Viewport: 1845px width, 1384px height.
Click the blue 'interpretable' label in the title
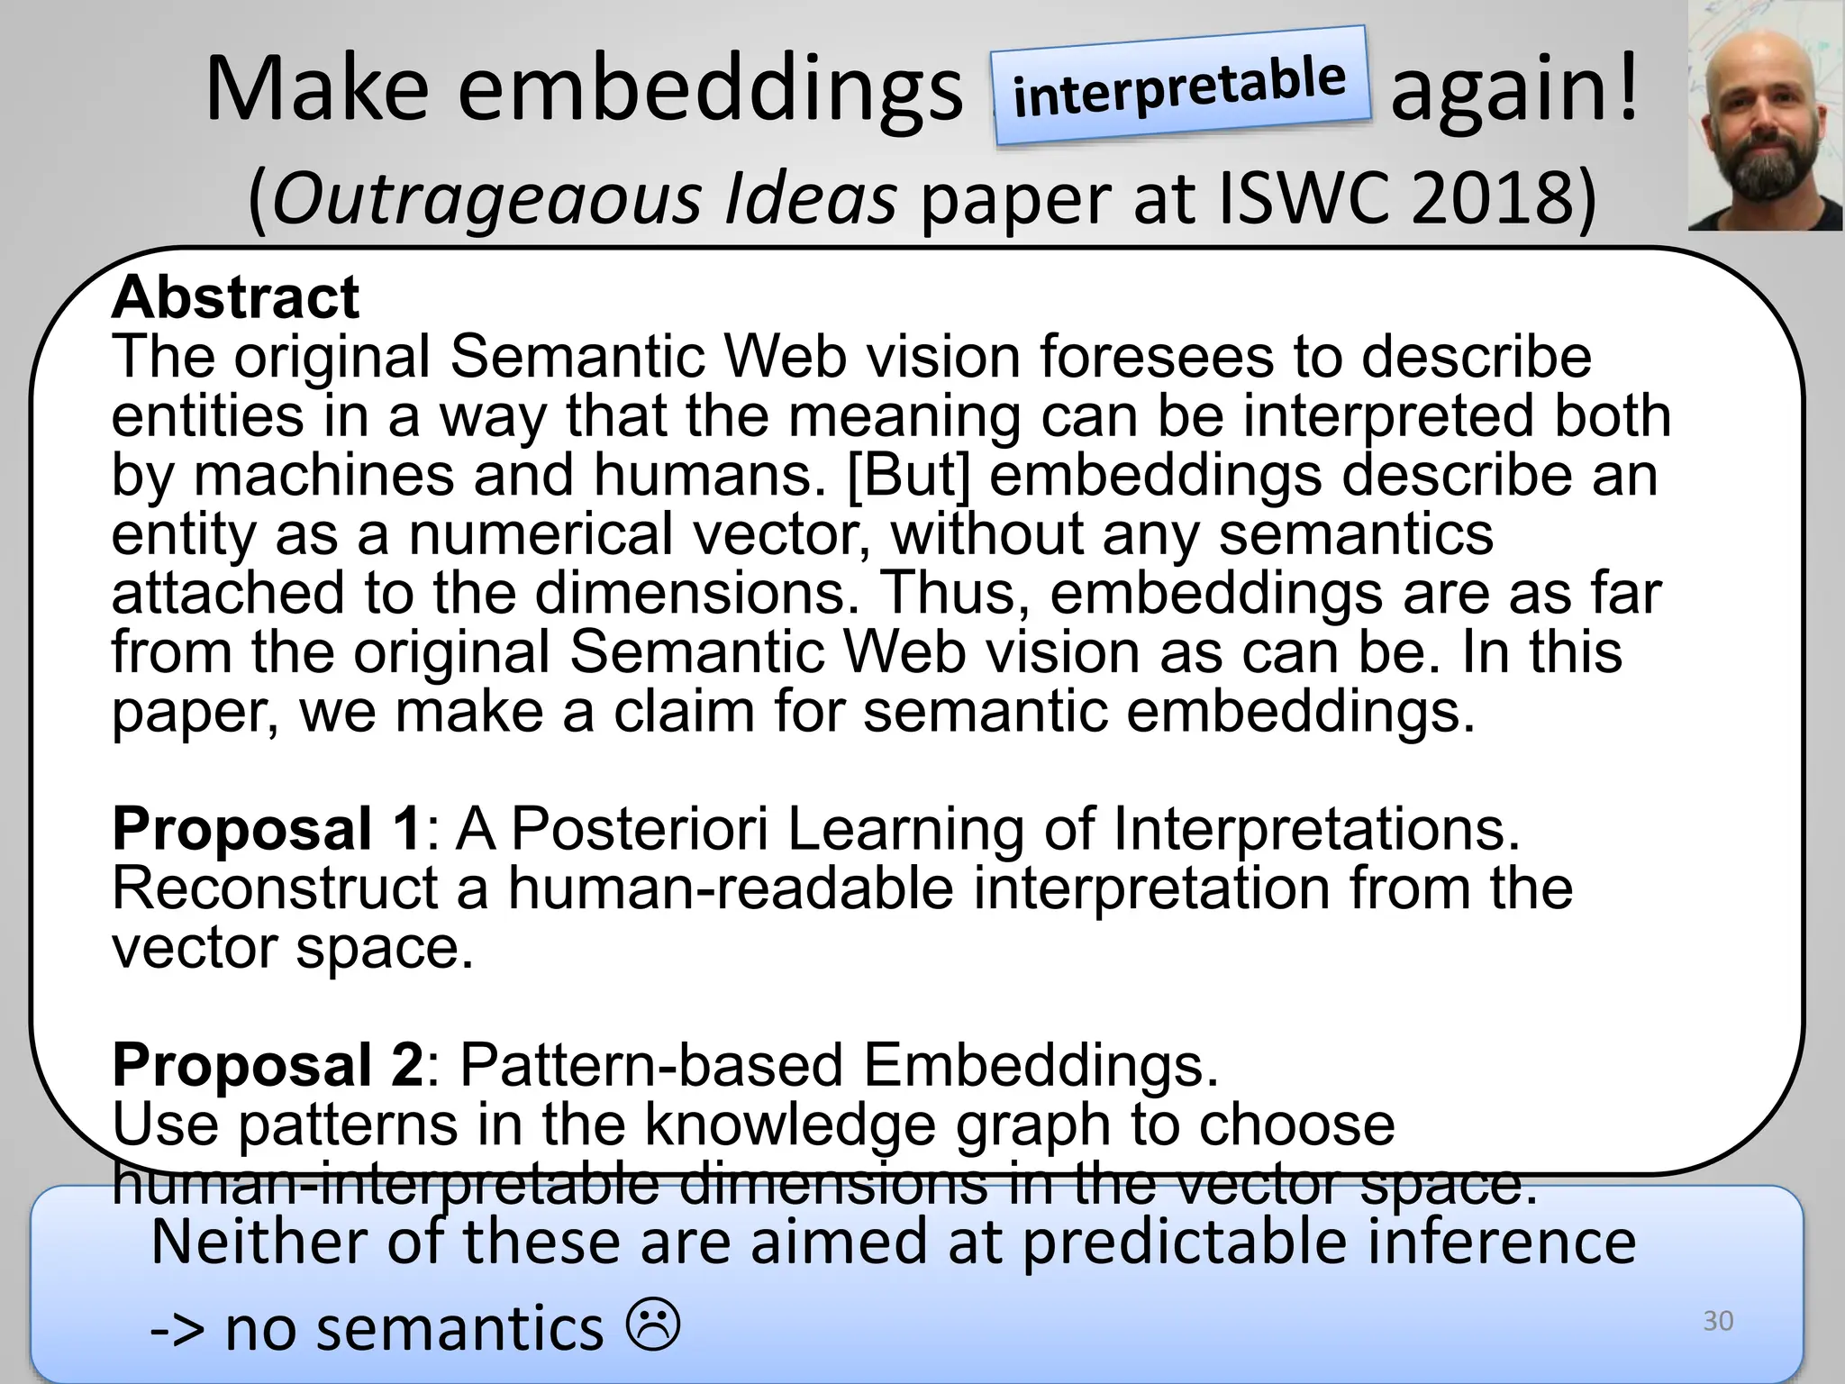[x=1180, y=86]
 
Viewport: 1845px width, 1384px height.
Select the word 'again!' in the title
[x=1513, y=90]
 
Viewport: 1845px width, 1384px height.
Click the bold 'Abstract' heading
[x=236, y=297]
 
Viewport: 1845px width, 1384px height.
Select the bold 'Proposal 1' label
[x=267, y=829]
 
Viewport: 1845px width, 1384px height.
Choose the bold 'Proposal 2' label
[x=268, y=1065]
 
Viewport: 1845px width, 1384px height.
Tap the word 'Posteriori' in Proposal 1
[x=640, y=829]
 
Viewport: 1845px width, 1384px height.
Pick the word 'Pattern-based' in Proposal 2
[x=651, y=1065]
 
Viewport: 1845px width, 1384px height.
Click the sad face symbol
[x=653, y=1325]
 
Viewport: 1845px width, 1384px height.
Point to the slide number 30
[x=1718, y=1321]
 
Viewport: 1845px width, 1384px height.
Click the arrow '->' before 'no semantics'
[x=178, y=1330]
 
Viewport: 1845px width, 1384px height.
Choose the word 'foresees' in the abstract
[x=1157, y=357]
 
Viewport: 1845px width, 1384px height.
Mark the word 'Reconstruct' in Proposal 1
[x=275, y=888]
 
